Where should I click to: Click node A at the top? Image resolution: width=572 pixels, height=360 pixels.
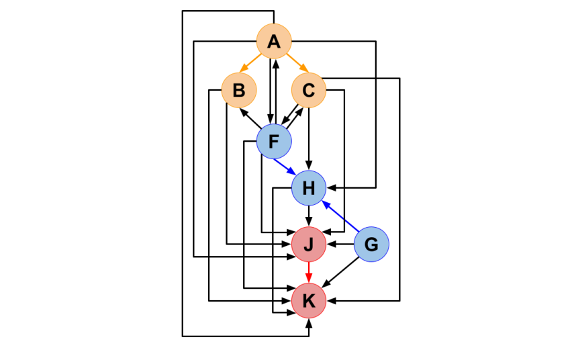pos(274,42)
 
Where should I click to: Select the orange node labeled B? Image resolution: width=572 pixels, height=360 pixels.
pos(240,90)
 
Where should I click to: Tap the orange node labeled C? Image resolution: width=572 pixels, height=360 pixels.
pos(309,90)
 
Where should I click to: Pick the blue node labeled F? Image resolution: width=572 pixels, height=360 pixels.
pos(274,142)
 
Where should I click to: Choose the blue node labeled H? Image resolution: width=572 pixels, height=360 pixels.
pos(309,188)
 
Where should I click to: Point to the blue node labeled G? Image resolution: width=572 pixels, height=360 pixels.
pos(371,244)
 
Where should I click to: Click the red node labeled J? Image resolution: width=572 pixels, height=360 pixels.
pos(309,244)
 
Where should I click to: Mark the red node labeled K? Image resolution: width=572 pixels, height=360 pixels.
pos(309,300)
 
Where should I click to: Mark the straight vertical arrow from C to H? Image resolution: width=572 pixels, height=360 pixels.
pos(309,138)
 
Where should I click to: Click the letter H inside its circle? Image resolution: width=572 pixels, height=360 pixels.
pos(309,188)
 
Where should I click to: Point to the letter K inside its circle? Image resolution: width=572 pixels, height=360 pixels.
pos(309,300)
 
